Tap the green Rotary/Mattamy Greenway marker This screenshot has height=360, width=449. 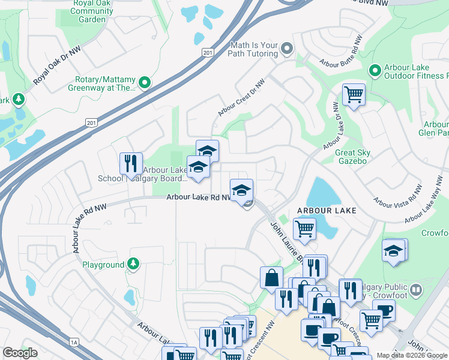pos(145,82)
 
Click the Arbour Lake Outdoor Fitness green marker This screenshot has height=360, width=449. pos(375,71)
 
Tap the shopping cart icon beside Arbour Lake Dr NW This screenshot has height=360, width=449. pos(354,94)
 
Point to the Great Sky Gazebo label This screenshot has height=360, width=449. pos(352,157)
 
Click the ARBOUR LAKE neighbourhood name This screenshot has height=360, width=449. pos(327,211)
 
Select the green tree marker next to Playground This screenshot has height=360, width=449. pos(133,264)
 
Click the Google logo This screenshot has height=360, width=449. pos(20,353)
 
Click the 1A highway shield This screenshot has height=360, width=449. pos(74,343)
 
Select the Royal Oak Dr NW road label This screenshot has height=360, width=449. pos(56,66)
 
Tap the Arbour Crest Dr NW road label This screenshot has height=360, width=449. pos(241,98)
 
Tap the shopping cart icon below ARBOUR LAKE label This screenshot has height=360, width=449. pos(304,229)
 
